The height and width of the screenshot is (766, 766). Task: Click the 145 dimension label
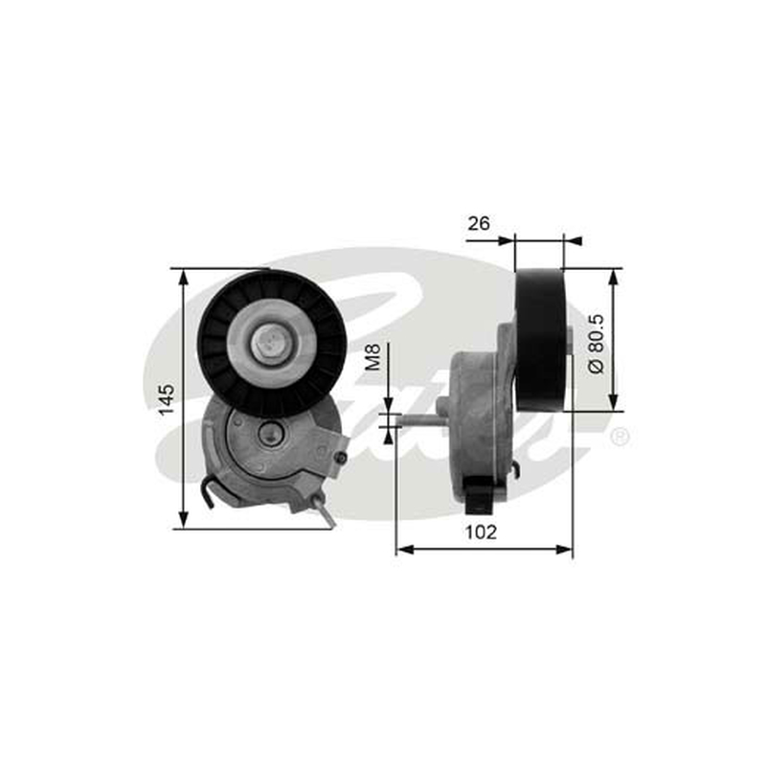click(x=168, y=398)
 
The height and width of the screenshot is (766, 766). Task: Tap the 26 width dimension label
click(x=478, y=224)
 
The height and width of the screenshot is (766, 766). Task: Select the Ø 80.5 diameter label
click(x=597, y=344)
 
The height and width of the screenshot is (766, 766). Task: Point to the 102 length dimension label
click(x=481, y=532)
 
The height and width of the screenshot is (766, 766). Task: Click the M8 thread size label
click(x=372, y=356)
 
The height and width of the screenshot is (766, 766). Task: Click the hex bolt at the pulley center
click(x=270, y=343)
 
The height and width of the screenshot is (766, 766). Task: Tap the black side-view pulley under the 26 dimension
click(x=540, y=340)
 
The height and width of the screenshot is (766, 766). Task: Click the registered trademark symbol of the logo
click(x=620, y=437)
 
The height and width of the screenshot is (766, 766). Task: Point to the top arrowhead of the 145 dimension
click(x=183, y=277)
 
